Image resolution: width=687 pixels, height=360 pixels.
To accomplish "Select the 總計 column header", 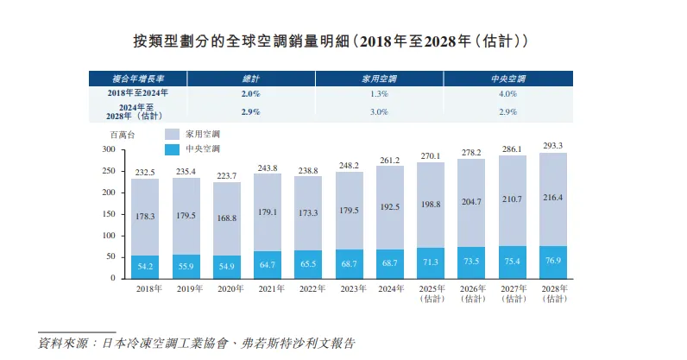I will [x=250, y=78].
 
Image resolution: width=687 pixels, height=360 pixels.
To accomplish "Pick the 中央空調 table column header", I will [x=507, y=78].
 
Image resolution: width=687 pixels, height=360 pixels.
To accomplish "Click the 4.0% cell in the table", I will [x=507, y=93].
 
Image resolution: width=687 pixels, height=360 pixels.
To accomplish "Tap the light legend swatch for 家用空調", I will [x=171, y=135].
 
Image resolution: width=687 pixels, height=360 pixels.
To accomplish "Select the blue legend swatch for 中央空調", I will [x=171, y=149].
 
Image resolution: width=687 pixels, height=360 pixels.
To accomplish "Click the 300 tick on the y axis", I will [x=108, y=149].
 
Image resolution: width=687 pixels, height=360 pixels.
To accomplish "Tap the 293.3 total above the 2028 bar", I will [x=553, y=145].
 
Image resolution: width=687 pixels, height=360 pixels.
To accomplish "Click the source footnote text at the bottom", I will [x=197, y=343].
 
